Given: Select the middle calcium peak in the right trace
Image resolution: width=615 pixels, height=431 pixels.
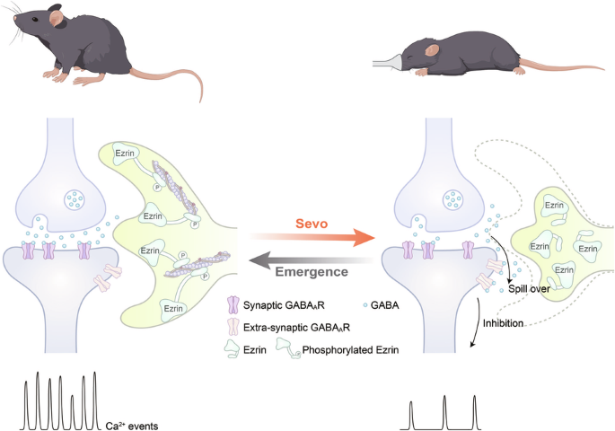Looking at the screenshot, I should point(445,410).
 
